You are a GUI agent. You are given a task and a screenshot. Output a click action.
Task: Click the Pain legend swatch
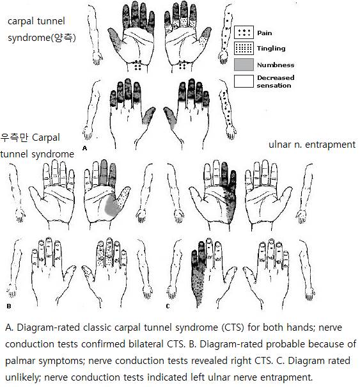click(244, 32)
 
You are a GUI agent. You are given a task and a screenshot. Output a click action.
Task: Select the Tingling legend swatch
click(244, 48)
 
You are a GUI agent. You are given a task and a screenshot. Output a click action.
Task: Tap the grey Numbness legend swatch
click(244, 65)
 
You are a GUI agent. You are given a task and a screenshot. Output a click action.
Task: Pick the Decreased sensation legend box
click(244, 81)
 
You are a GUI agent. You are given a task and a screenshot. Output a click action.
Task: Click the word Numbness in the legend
click(276, 65)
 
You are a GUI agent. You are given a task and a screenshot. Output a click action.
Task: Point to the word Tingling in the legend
click(271, 49)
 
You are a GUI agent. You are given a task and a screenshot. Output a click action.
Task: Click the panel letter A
click(84, 148)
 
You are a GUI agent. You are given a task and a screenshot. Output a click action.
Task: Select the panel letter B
click(9, 306)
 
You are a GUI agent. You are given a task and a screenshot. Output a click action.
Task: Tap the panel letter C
click(168, 306)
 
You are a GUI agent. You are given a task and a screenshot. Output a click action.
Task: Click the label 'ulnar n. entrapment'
click(312, 145)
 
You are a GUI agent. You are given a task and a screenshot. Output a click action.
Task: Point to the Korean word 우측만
click(14, 138)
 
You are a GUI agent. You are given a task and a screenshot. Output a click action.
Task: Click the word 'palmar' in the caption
click(20, 361)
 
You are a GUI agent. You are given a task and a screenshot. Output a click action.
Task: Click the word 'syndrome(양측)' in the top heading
click(42, 38)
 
